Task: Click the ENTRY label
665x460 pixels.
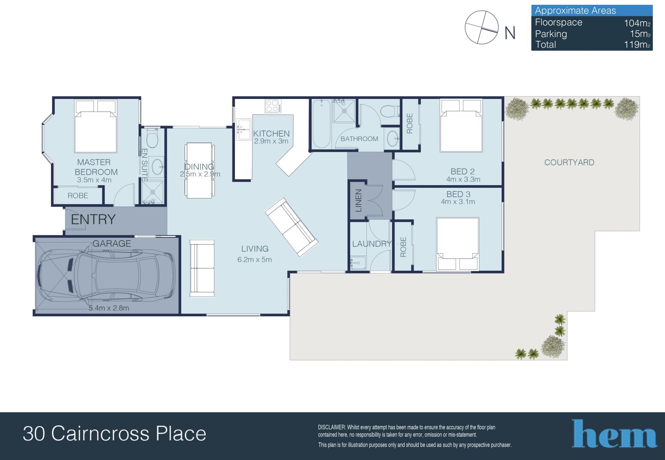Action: (x=93, y=219)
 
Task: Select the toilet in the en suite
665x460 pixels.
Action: (x=152, y=138)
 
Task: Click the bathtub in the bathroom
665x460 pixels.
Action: (x=321, y=124)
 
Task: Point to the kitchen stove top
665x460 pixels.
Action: (x=273, y=106)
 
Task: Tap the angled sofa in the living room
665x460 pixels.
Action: (x=291, y=227)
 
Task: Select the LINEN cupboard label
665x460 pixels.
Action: (x=358, y=200)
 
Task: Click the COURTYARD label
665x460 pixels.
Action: (x=569, y=162)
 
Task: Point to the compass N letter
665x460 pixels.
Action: (x=510, y=33)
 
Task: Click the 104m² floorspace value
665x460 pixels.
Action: (x=637, y=23)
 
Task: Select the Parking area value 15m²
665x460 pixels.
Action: (x=640, y=34)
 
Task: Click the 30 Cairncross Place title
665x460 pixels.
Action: (x=115, y=434)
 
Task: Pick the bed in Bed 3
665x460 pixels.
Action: (x=458, y=244)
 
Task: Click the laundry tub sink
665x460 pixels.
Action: (x=358, y=263)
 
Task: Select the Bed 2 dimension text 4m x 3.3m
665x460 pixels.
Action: (x=463, y=179)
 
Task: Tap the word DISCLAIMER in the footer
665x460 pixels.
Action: (x=331, y=427)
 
